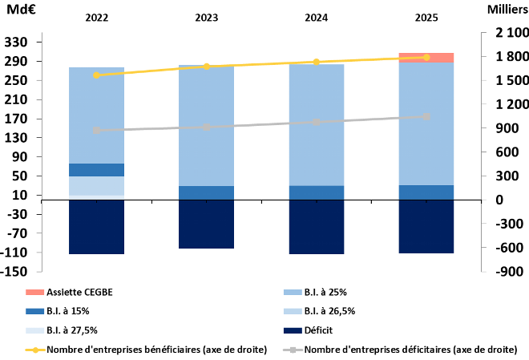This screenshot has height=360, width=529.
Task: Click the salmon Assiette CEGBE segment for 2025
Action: pyautogui.click(x=426, y=58)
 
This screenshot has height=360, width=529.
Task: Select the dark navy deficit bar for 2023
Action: pyautogui.click(x=206, y=224)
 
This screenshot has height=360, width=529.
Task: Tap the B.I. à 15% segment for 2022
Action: pyautogui.click(x=96, y=170)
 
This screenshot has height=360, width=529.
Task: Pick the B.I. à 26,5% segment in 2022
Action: pyautogui.click(x=96, y=186)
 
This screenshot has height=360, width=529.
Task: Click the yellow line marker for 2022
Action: pyautogui.click(x=96, y=75)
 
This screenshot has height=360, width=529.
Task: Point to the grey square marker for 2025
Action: pyautogui.click(x=426, y=117)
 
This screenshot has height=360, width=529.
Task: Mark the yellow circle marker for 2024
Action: pyautogui.click(x=317, y=62)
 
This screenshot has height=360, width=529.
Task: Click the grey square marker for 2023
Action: pyautogui.click(x=207, y=127)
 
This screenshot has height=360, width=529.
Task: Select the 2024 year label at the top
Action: pyautogui.click(x=317, y=18)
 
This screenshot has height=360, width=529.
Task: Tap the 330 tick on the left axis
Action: pyautogui.click(x=15, y=42)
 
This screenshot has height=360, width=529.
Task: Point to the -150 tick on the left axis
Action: pyautogui.click(x=14, y=271)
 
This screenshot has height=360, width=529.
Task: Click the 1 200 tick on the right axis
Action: pyautogui.click(x=512, y=104)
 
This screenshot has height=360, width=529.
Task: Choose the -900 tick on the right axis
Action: pyautogui.click(x=510, y=271)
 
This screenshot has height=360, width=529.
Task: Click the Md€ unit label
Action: pyautogui.click(x=21, y=10)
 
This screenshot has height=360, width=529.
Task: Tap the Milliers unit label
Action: pyautogui.click(x=508, y=10)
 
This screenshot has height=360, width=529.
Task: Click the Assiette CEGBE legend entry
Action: pyautogui.click(x=69, y=292)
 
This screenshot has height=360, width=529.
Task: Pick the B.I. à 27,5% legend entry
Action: pyautogui.click(x=62, y=330)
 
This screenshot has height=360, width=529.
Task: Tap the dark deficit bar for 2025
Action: pyautogui.click(x=426, y=227)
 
